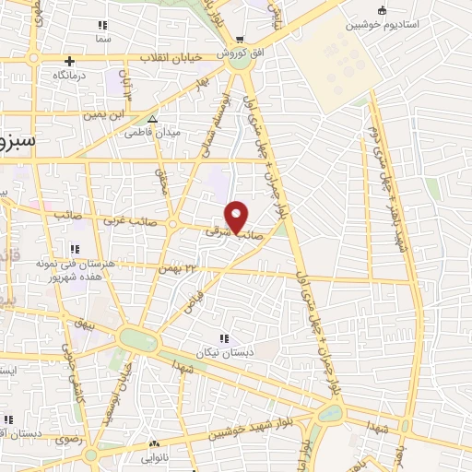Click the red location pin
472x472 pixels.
pyautogui.click(x=237, y=216)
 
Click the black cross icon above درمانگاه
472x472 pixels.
pyautogui.click(x=69, y=61)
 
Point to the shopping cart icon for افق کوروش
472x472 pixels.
pyautogui.click(x=241, y=40)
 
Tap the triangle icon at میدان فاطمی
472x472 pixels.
pyautogui.click(x=152, y=119)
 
